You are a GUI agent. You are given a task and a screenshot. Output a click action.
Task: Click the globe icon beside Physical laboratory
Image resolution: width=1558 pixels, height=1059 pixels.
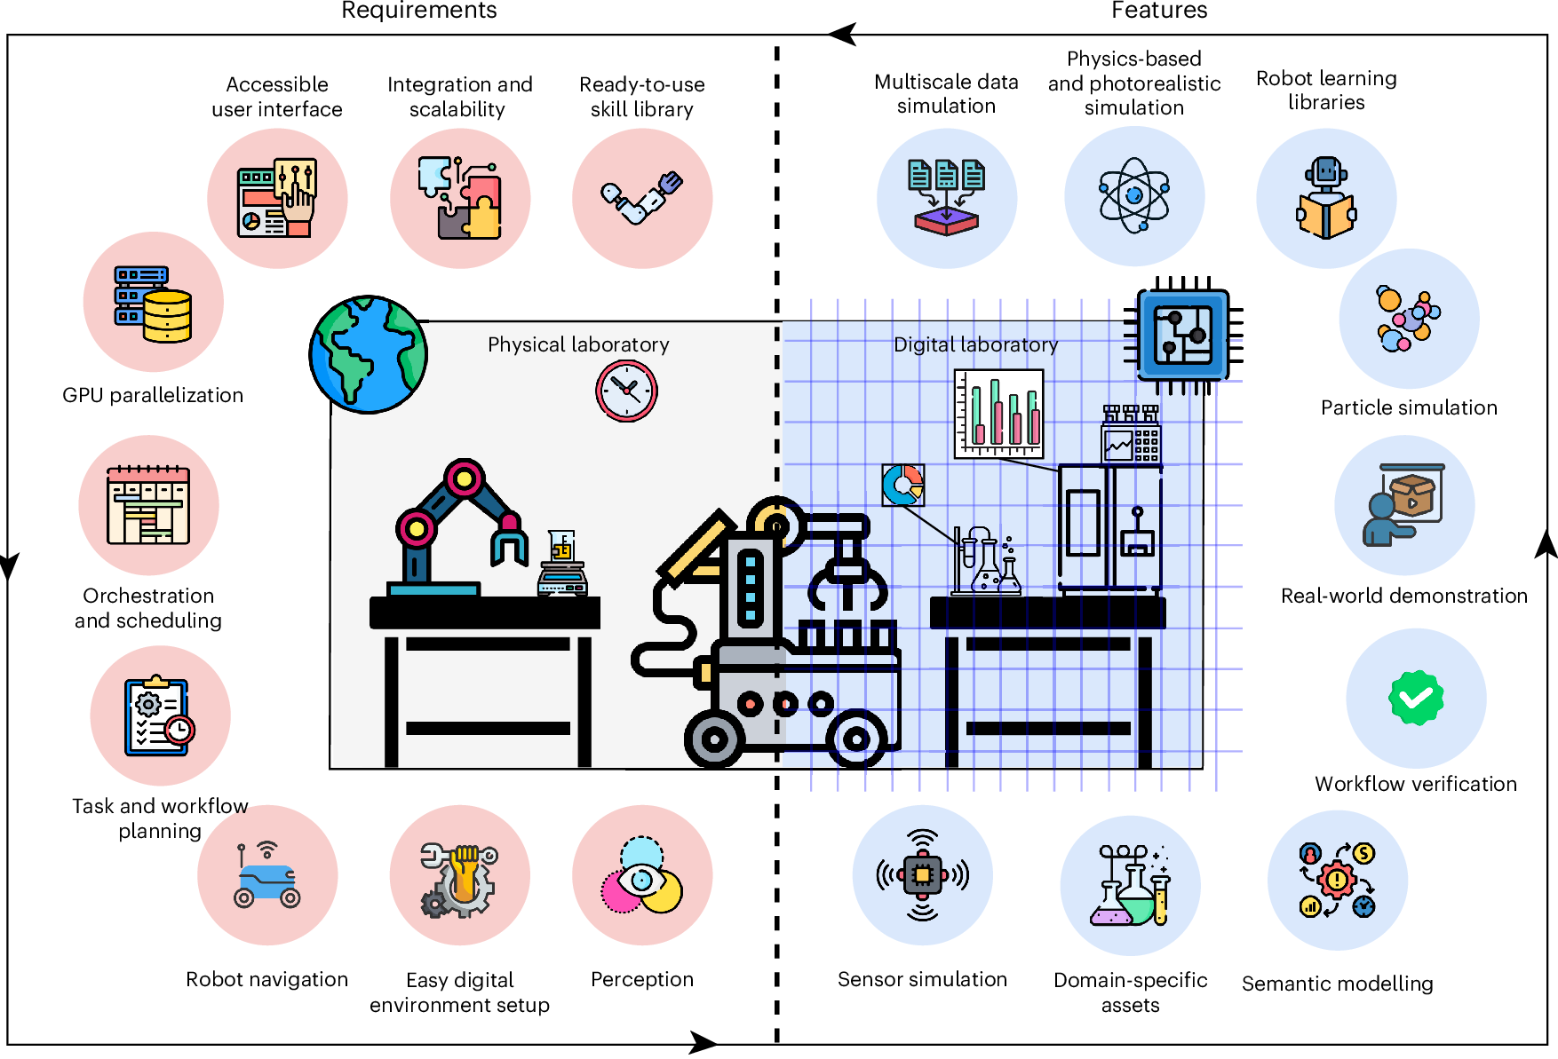pos(369,354)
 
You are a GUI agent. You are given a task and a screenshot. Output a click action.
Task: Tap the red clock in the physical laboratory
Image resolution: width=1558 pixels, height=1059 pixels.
pos(626,391)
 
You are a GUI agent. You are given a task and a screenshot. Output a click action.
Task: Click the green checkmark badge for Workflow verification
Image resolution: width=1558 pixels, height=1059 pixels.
pos(1416,698)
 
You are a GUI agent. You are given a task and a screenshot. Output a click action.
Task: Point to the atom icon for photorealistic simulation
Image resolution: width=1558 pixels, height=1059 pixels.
pos(1134,195)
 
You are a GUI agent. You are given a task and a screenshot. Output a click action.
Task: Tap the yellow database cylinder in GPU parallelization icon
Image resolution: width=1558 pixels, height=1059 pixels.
pos(168,316)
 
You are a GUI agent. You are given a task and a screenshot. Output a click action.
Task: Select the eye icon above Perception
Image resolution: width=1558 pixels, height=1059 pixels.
pos(642,880)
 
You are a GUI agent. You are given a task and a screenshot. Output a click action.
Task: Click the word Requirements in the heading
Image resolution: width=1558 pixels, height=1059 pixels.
pos(419,11)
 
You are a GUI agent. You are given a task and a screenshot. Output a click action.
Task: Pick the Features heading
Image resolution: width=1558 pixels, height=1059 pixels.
pos(1159,11)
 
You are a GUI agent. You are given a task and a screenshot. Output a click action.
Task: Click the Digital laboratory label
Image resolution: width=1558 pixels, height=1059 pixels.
pos(975,344)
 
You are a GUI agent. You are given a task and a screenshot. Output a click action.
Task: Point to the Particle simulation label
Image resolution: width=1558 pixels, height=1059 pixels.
pos(1409,407)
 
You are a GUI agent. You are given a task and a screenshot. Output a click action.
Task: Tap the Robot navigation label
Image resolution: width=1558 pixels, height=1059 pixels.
pos(266,979)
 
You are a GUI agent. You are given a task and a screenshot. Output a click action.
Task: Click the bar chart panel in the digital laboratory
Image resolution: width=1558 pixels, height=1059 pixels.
pos(998,414)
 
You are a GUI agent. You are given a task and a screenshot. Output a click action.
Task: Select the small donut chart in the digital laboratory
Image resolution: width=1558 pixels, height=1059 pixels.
pos(902,485)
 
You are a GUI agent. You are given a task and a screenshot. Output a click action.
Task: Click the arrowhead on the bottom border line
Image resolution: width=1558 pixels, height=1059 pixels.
pos(704,1043)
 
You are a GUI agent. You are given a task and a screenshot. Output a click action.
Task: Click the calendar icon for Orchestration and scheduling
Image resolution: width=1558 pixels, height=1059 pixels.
pos(148,505)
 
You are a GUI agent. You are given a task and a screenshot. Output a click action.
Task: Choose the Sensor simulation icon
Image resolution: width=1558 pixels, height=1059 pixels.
pos(923,875)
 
